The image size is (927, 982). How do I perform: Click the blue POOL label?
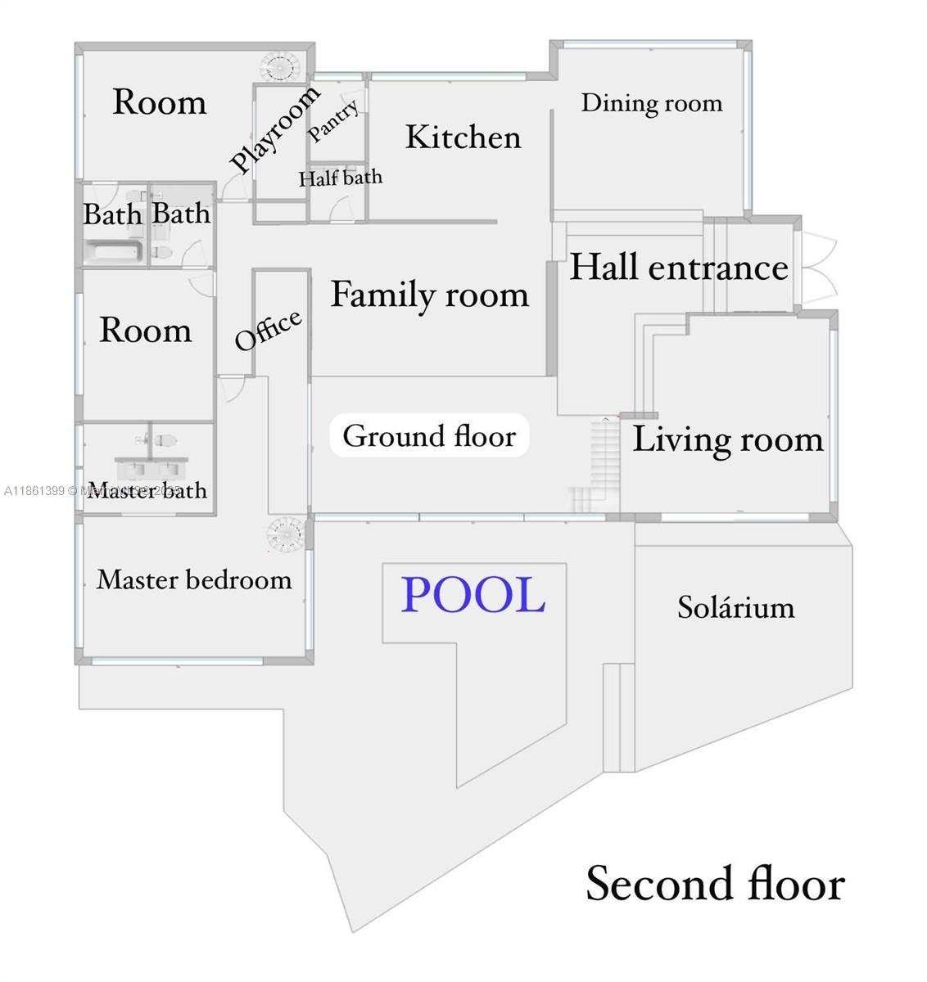(473, 595)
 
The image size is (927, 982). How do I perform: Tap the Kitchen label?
(463, 137)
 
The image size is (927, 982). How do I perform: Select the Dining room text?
(652, 103)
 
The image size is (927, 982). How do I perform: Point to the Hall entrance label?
(679, 268)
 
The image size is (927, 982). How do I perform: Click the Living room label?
(727, 439)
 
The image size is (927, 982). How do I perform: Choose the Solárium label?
(735, 607)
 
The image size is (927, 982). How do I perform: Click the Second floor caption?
(715, 884)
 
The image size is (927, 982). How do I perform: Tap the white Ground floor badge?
(429, 436)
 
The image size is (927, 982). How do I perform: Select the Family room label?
(429, 295)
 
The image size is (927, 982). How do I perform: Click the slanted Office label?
(269, 329)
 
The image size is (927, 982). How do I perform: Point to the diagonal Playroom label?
(274, 129)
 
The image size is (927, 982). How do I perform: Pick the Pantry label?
(333, 121)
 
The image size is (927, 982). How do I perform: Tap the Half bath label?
(340, 178)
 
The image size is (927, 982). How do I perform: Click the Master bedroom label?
(194, 579)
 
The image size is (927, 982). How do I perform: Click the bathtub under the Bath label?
(114, 250)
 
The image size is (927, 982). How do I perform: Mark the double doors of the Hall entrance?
(818, 268)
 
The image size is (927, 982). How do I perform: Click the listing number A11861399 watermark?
(34, 491)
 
